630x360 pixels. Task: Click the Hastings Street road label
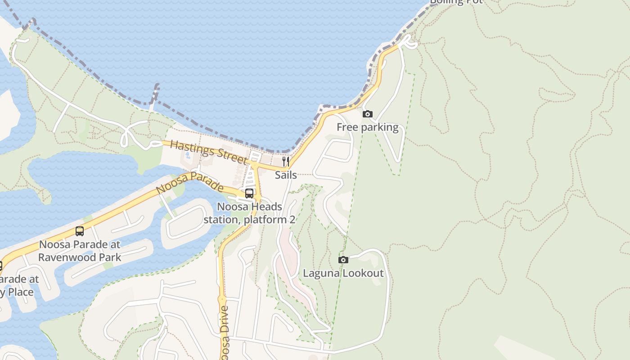click(209, 152)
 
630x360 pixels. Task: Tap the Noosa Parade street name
click(189, 182)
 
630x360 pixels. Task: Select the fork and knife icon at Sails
click(286, 162)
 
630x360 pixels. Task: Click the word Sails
click(286, 175)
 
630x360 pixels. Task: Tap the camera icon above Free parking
click(368, 114)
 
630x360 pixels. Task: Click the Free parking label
click(367, 127)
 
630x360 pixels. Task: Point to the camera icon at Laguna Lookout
click(343, 260)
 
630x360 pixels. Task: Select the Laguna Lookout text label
click(343, 273)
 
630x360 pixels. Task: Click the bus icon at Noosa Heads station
click(249, 193)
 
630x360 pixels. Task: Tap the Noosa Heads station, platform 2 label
click(249, 213)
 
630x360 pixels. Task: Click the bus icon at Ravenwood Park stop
click(80, 231)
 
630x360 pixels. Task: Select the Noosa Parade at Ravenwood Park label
click(80, 251)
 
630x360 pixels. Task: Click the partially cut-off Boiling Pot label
click(456, 2)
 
